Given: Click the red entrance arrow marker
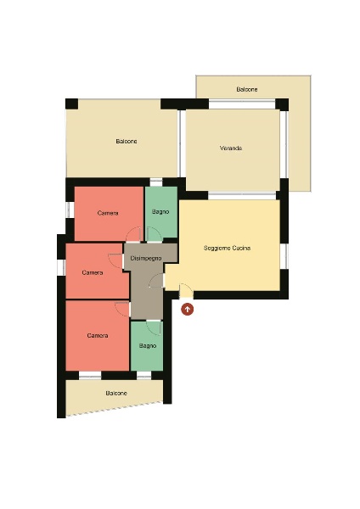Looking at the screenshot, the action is (x=187, y=309).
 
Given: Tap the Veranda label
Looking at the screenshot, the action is (x=231, y=148).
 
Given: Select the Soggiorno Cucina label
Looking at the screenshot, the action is (x=227, y=248).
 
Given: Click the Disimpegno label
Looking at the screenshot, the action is (x=146, y=259).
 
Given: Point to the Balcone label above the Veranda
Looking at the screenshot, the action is (x=247, y=89).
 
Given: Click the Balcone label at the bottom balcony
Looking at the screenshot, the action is (x=116, y=393).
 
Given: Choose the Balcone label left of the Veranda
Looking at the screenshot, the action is (x=127, y=141).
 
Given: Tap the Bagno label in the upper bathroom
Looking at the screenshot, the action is (x=160, y=211).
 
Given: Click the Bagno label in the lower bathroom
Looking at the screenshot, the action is (x=148, y=346).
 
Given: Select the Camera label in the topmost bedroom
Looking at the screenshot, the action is (x=108, y=213).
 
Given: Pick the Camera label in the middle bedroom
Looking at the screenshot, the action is (x=93, y=272).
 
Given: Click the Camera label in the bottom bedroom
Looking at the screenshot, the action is (x=98, y=335).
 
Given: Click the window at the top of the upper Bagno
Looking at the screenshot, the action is (x=156, y=182).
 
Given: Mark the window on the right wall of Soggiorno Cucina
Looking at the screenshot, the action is (x=284, y=256).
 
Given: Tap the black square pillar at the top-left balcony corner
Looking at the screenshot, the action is (x=72, y=103).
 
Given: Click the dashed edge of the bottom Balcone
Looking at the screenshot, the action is (x=115, y=409).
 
